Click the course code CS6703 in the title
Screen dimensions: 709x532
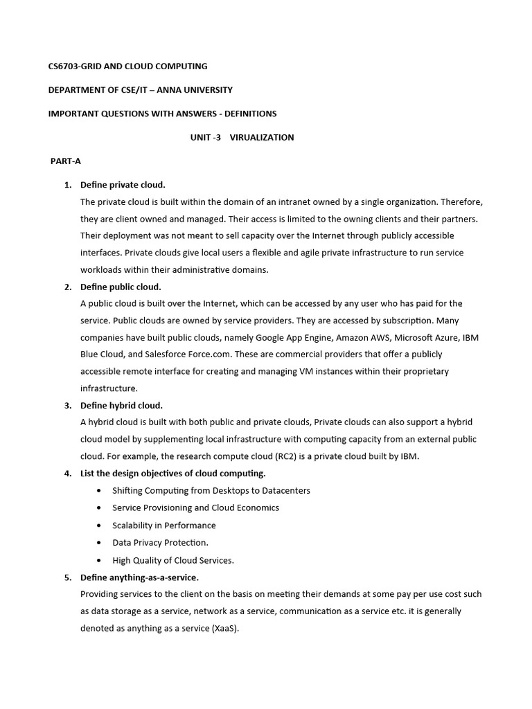tap(64, 66)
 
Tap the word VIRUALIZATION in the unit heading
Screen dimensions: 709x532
tap(262, 137)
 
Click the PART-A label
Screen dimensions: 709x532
tap(66, 161)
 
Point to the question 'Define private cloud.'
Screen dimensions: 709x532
tap(123, 185)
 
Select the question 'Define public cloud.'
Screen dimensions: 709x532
tap(121, 287)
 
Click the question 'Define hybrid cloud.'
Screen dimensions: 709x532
tap(121, 405)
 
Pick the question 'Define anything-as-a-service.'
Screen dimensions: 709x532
tap(139, 577)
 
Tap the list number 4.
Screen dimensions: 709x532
tap(68, 474)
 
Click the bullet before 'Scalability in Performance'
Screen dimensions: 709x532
tap(97, 526)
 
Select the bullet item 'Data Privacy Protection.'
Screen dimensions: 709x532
tap(160, 543)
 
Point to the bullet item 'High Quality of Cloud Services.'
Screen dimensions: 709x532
tap(173, 560)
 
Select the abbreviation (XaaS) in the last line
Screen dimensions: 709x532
tap(225, 628)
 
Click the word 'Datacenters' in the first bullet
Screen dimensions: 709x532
tap(282, 490)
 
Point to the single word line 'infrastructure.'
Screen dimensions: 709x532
tap(109, 388)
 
